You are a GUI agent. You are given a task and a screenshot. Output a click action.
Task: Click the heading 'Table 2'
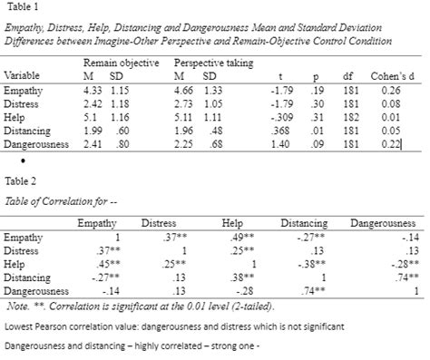coord(19,180)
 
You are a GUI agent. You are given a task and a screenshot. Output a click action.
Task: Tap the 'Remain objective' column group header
coord(121,63)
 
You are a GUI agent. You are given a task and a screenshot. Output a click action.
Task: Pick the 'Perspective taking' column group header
coord(214,63)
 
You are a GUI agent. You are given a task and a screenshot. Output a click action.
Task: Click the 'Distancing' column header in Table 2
coord(303,222)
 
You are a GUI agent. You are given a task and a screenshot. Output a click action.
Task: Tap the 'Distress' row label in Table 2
coord(22,249)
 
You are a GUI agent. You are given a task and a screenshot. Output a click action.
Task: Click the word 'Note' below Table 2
coord(15,305)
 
